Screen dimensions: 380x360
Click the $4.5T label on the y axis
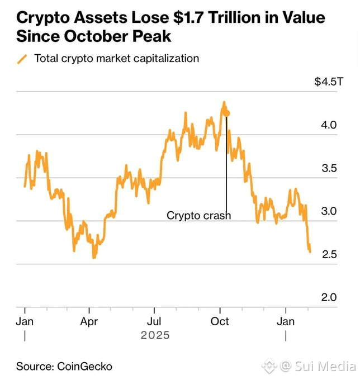coord(325,82)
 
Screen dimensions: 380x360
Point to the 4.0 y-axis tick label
coord(329,125)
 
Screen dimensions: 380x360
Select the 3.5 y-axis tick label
coord(329,168)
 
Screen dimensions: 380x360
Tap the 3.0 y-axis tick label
coord(329,211)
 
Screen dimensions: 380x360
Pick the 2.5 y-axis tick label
coord(329,254)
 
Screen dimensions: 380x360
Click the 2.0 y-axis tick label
coord(329,297)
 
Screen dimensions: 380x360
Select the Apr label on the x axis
coord(89,322)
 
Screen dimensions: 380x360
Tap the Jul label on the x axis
coord(154,322)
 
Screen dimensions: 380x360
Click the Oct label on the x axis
coord(220,322)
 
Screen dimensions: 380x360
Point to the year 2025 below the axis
coord(155,335)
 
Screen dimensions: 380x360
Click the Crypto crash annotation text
coord(198,215)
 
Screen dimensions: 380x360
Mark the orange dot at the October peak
coord(226,113)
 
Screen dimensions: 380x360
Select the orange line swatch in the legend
coord(22,59)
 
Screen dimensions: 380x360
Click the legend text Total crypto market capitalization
coord(117,59)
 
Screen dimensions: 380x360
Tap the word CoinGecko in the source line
coord(84,367)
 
